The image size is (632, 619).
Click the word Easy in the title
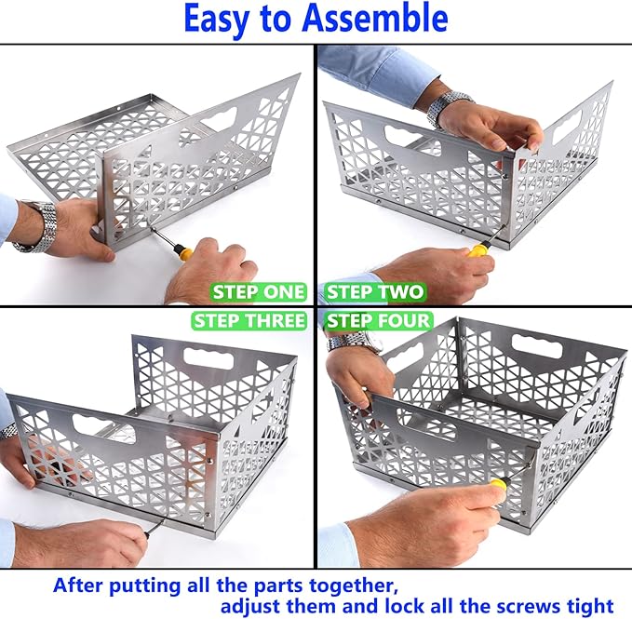pyautogui.click(x=220, y=19)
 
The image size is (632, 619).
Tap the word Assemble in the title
pyautogui.click(x=377, y=19)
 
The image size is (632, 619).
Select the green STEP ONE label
pyautogui.click(x=258, y=292)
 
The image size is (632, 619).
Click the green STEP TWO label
pyautogui.click(x=375, y=292)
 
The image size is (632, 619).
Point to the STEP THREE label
pyautogui.click(x=249, y=321)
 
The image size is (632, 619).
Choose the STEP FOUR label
pyautogui.click(x=378, y=321)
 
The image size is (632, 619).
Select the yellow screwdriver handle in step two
pyautogui.click(x=479, y=249)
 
